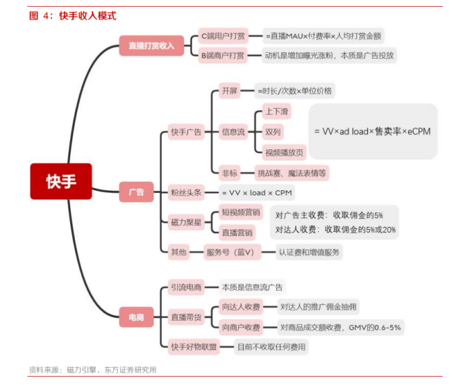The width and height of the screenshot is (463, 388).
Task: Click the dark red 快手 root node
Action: (61, 181)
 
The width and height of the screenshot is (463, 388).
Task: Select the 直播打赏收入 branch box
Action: (151, 45)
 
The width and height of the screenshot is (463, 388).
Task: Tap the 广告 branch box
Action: (136, 192)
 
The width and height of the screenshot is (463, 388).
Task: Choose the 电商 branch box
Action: (136, 317)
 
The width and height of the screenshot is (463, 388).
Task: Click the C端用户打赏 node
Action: (223, 36)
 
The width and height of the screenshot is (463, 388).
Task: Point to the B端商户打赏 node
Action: (223, 56)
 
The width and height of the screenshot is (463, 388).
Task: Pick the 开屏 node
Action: (229, 91)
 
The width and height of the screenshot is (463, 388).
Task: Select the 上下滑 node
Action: (277, 111)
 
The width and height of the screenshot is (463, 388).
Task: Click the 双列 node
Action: (273, 132)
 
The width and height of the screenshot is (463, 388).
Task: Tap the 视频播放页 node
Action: (284, 153)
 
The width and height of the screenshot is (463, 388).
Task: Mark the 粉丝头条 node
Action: (186, 193)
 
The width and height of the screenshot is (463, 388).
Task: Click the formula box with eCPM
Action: (373, 131)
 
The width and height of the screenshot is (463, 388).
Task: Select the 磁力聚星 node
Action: (186, 222)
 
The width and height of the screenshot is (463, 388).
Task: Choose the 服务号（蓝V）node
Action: (232, 252)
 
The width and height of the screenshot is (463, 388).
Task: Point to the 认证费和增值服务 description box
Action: (309, 252)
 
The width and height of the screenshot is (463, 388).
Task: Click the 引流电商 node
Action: (186, 287)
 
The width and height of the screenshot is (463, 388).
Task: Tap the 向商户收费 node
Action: (241, 327)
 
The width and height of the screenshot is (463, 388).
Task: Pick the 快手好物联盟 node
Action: (194, 347)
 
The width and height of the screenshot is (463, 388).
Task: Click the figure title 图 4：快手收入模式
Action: (73, 15)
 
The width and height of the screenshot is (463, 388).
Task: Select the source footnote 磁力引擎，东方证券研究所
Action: (112, 370)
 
